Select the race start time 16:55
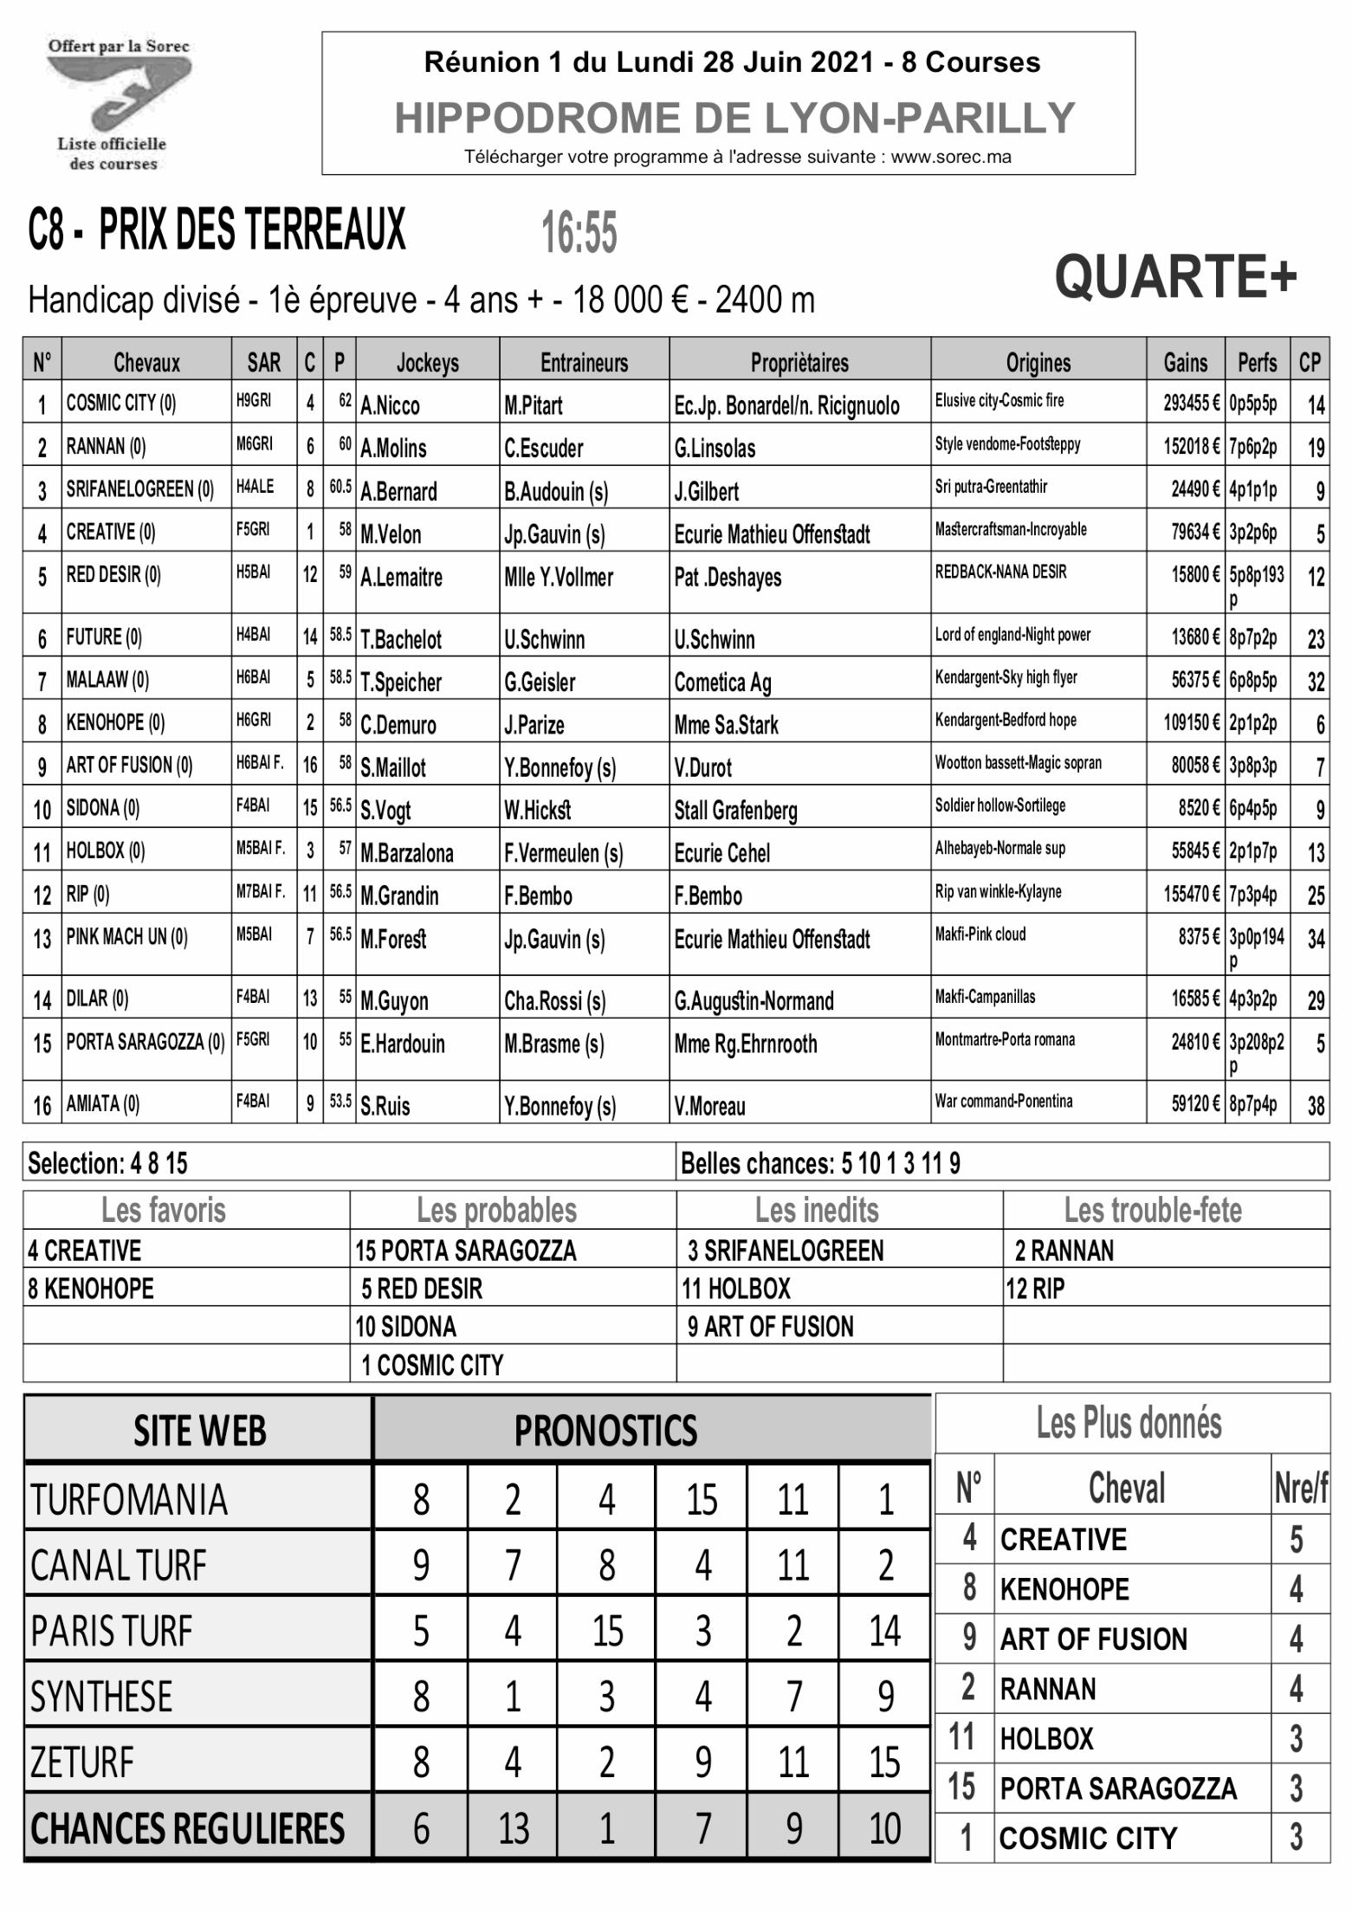(x=579, y=234)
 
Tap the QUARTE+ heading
(x=1175, y=277)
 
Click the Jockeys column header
(x=427, y=362)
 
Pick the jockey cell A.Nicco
(x=390, y=404)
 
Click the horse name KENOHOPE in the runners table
(x=115, y=722)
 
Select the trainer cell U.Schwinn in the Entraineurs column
(x=544, y=639)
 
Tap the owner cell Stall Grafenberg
(x=735, y=810)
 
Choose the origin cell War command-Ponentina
(x=1003, y=1102)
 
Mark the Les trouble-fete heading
(x=1153, y=1210)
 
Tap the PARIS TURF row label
(x=112, y=1631)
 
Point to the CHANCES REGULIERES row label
(x=187, y=1829)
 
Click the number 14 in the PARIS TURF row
(x=884, y=1631)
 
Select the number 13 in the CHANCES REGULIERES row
(x=513, y=1829)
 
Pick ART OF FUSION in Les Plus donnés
(x=1093, y=1639)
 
